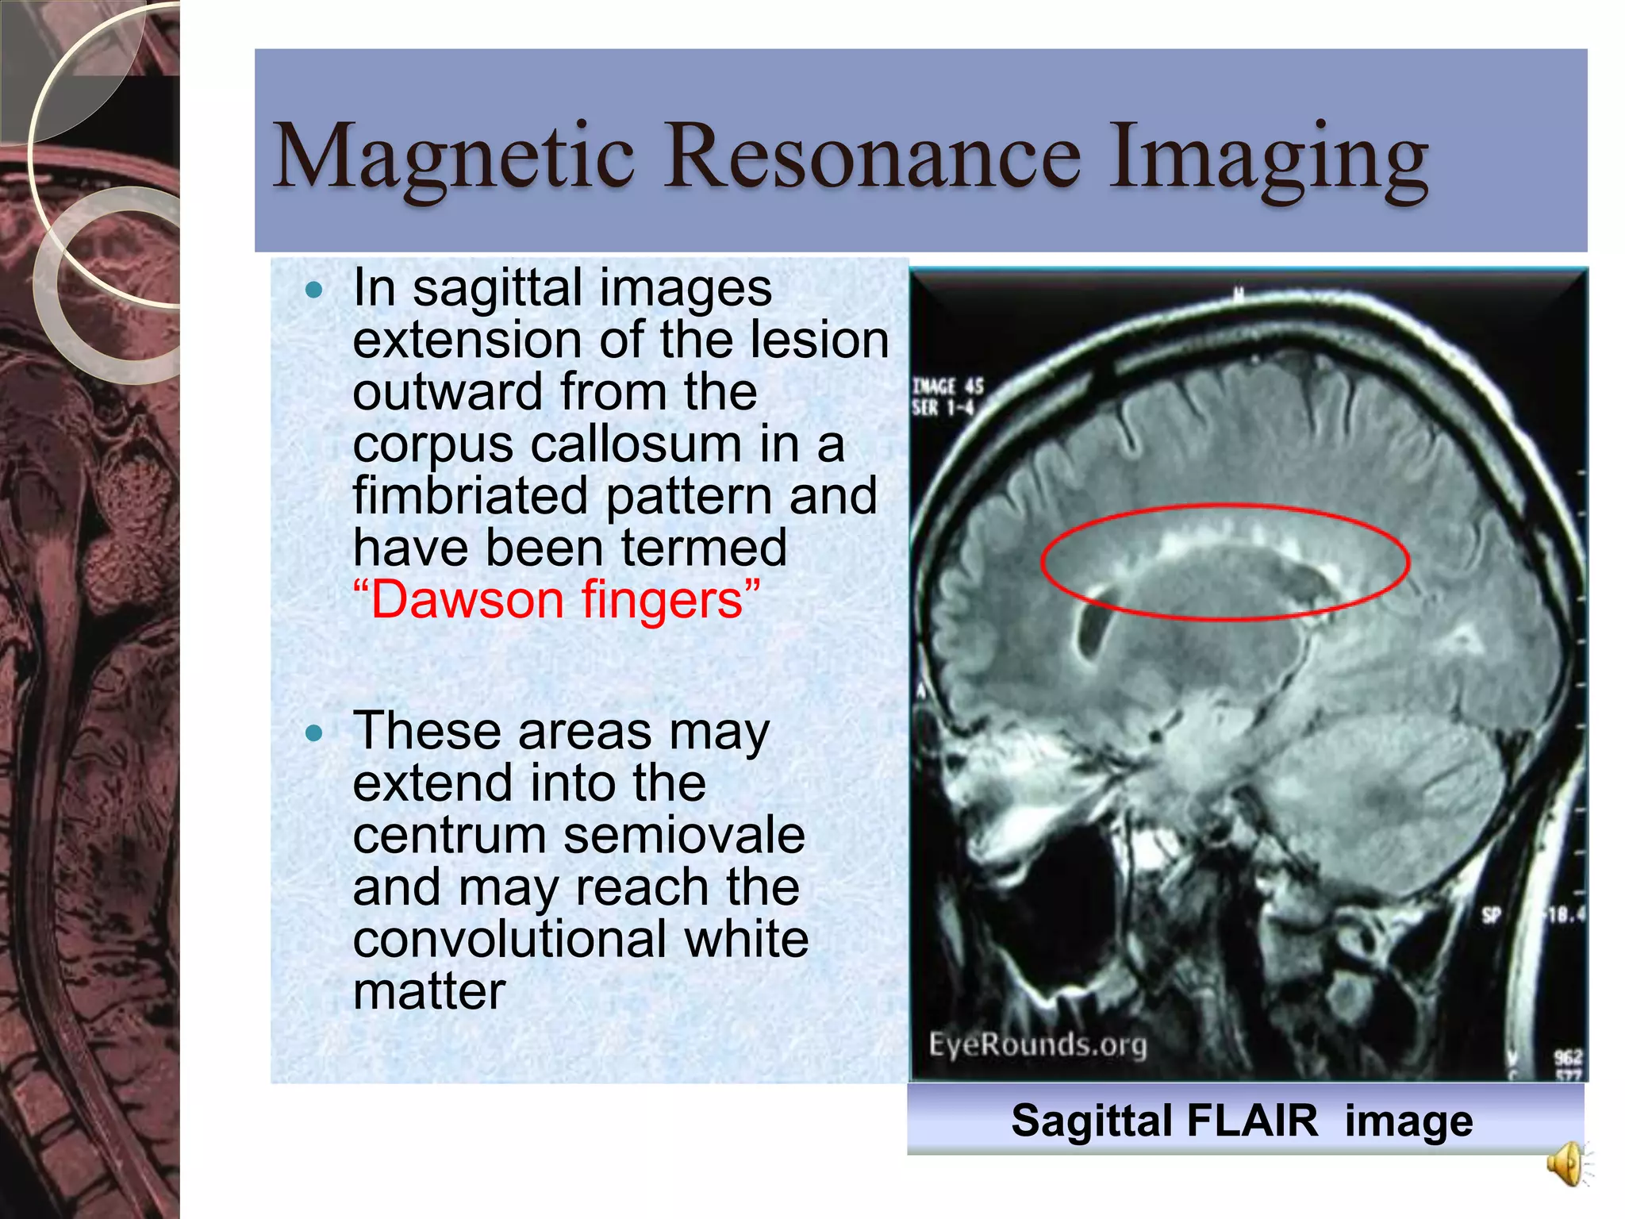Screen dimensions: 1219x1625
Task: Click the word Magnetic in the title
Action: [453, 157]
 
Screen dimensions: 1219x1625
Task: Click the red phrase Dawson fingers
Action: [556, 600]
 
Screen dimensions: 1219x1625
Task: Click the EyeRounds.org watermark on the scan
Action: [1038, 1044]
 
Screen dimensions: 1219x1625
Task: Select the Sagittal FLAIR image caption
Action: [1242, 1121]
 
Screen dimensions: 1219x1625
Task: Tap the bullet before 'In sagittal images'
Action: [314, 290]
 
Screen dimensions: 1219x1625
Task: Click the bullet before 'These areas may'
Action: [314, 733]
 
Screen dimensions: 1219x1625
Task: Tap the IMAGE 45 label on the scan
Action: [947, 386]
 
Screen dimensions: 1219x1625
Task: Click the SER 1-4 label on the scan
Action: [942, 408]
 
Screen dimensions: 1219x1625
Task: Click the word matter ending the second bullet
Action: [429, 992]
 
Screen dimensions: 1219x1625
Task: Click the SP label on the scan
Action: [1492, 915]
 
